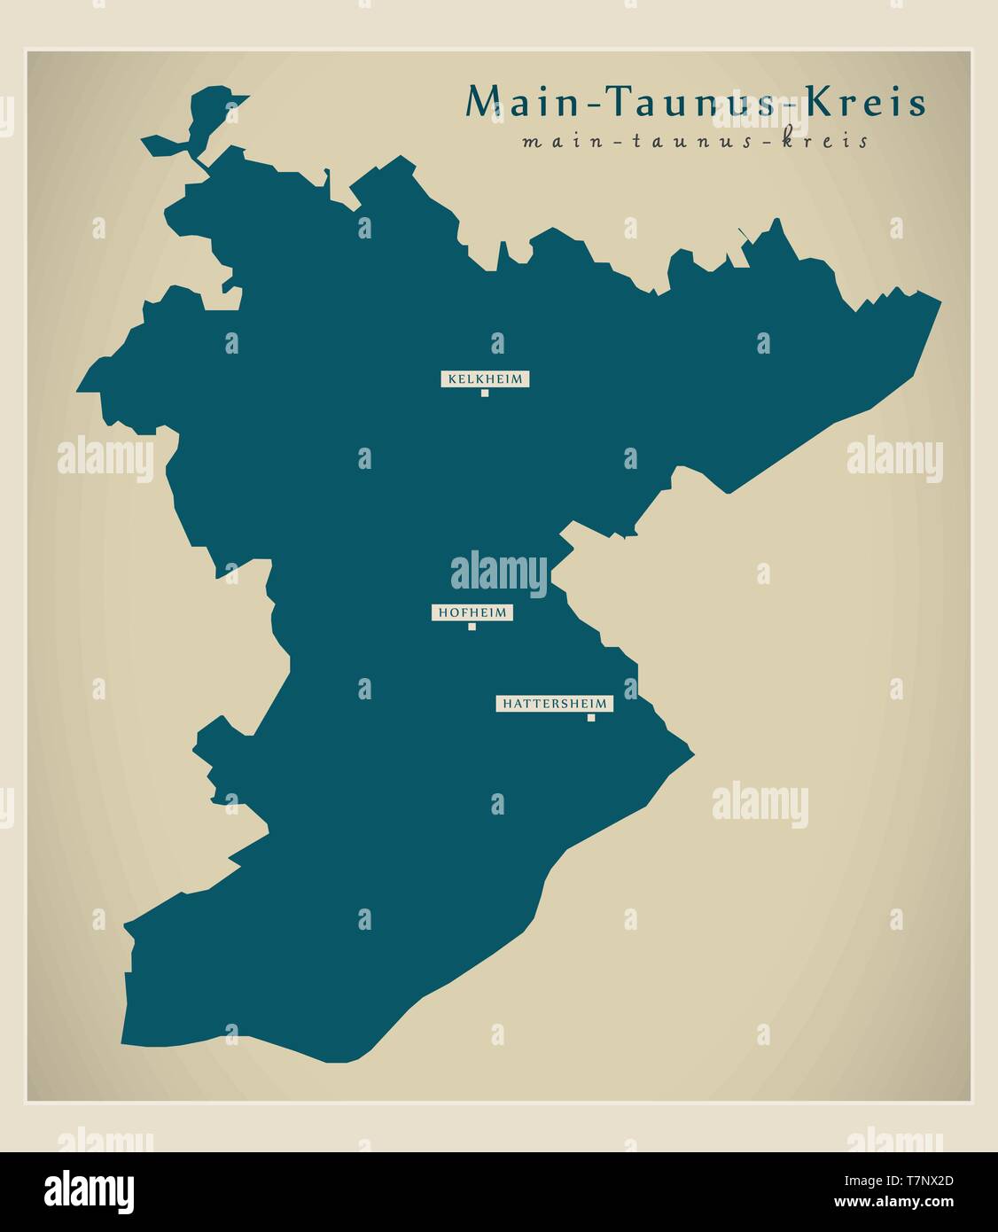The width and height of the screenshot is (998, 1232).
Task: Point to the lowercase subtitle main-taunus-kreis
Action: (696, 141)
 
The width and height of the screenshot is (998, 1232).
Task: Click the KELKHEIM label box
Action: (485, 378)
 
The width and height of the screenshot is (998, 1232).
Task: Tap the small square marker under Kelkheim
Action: (485, 393)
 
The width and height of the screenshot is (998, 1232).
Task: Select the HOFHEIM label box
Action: (472, 612)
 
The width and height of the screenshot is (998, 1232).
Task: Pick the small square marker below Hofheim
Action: (472, 627)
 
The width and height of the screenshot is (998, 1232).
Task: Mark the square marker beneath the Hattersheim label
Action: (591, 718)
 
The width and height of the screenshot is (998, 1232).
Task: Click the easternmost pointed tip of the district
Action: (940, 302)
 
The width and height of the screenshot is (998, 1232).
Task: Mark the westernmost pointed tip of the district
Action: (78, 389)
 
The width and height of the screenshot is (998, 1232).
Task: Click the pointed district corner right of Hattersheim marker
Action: (693, 755)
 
